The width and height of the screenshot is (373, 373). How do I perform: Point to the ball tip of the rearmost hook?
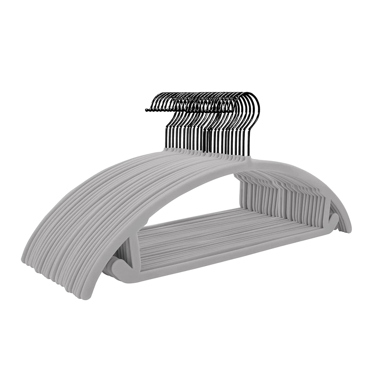147,110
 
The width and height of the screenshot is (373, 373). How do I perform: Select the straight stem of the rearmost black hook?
166,135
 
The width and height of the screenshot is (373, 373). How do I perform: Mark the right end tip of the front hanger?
347,228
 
